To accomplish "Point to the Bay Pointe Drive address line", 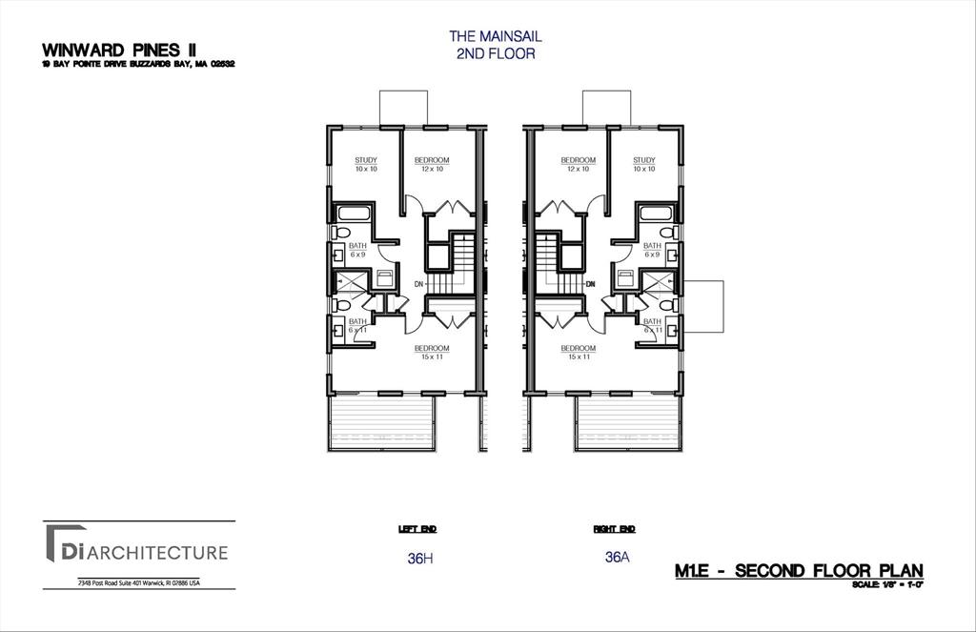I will pyautogui.click(x=138, y=65).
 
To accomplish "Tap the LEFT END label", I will pyautogui.click(x=417, y=529).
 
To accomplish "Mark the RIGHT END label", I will pyautogui.click(x=615, y=529).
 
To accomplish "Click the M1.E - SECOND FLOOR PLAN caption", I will pyautogui.click(x=799, y=571).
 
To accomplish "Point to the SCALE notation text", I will pyautogui.click(x=887, y=583).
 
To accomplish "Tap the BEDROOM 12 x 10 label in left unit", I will pyautogui.click(x=431, y=164).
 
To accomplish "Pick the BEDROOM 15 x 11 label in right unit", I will pyautogui.click(x=578, y=352).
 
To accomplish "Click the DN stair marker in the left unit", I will pyautogui.click(x=418, y=284).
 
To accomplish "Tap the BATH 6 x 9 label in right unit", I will pyautogui.click(x=652, y=250).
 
